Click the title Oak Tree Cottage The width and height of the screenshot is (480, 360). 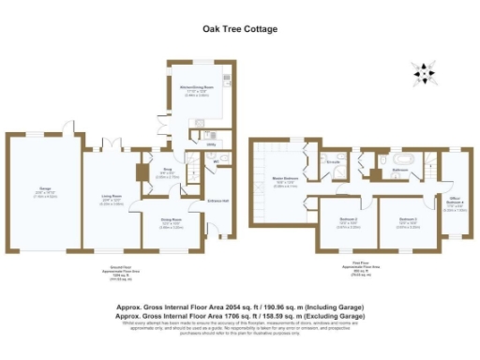pyautogui.click(x=240, y=29)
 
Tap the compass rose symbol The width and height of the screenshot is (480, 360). pyautogui.click(x=425, y=70)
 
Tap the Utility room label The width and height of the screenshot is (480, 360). pyautogui.click(x=211, y=144)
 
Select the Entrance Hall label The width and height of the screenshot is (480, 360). pyautogui.click(x=216, y=201)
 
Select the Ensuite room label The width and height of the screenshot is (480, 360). pyautogui.click(x=331, y=160)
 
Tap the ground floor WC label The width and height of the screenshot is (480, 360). pyautogui.click(x=216, y=162)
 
